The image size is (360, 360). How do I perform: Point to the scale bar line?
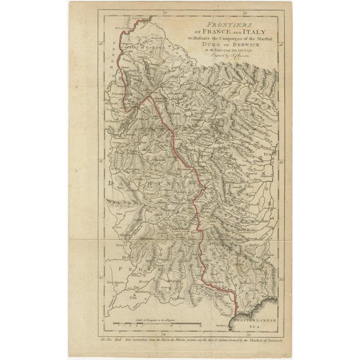pyautogui.click(x=155, y=325)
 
